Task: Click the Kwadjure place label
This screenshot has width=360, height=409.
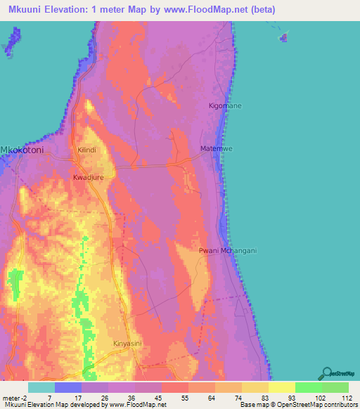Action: coord(88,178)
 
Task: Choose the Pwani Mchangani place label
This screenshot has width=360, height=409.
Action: coord(228,250)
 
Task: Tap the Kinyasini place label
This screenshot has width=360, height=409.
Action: coord(127,344)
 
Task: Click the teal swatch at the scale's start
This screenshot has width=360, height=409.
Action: coord(41,387)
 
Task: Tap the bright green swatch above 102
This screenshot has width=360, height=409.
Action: coord(309,387)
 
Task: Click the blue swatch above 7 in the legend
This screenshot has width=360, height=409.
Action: coord(68,387)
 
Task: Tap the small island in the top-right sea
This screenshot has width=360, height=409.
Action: coord(283,36)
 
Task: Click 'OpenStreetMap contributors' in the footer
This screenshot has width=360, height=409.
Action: coord(309,405)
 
